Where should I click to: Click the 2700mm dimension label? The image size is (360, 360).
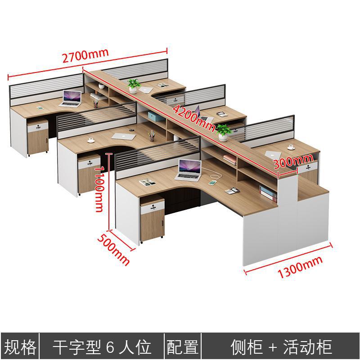coord(85,56)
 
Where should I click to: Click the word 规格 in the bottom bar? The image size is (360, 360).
coord(20,347)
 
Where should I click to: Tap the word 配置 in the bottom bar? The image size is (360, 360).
coord(183,347)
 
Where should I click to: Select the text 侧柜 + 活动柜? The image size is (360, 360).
coord(281,347)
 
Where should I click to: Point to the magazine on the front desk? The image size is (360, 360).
coord(147,182)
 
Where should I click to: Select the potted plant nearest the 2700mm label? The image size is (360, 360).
coord(134,85)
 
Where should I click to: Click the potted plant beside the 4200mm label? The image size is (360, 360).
coord(224,132)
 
